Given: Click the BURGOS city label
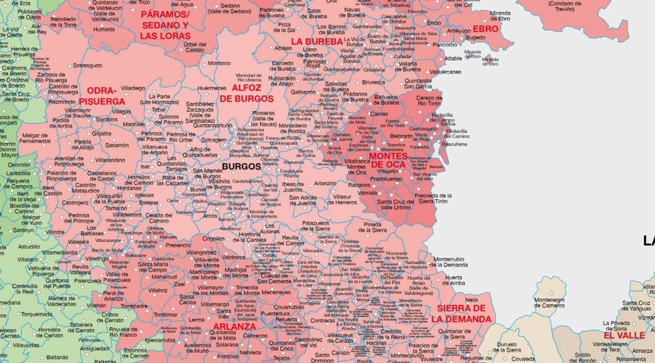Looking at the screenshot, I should tap(241, 167).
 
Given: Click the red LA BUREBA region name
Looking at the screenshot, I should tap(316, 42).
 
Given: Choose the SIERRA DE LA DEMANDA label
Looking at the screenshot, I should tap(461, 313).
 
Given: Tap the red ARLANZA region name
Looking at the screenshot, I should tap(234, 327).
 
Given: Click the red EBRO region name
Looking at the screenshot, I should tap(485, 29).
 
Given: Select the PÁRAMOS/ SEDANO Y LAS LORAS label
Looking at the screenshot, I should tap(165, 25).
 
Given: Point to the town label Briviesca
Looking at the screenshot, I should tap(374, 83).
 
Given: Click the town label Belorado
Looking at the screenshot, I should tap(401, 135).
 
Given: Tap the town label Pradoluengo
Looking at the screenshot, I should tap(386, 178).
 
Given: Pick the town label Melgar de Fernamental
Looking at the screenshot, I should tap(35, 137).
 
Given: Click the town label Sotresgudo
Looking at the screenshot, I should tap(87, 65).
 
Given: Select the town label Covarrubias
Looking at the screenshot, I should tap(288, 307).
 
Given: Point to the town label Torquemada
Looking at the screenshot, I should tap(37, 314).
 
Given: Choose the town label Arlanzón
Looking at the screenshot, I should tap(325, 183).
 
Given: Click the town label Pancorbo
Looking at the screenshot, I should tap(445, 45).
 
